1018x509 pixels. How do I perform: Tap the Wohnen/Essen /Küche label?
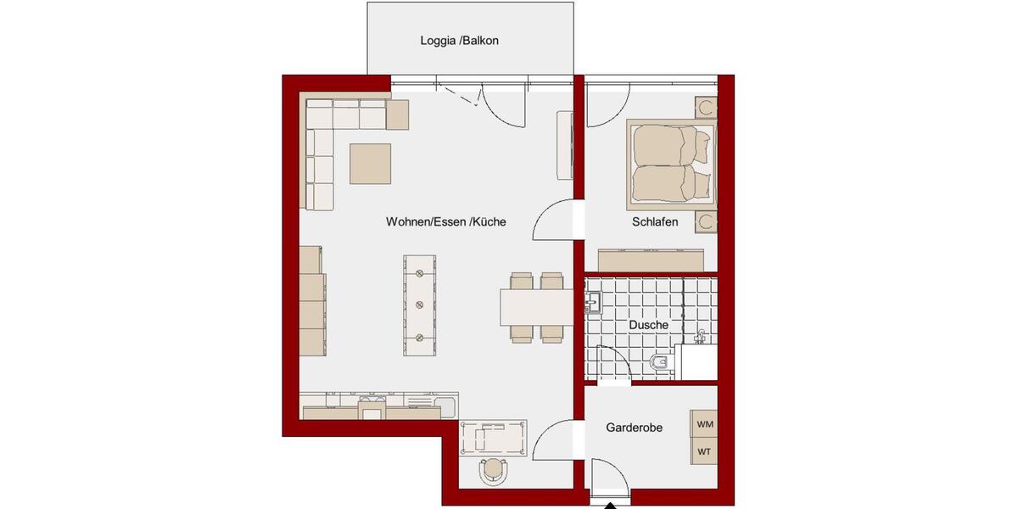pos(445,221)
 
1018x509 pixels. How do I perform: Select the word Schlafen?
pos(654,222)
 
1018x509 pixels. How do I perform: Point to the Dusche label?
pos(648,325)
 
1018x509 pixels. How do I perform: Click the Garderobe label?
pos(634,428)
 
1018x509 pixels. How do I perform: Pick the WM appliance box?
pos(704,423)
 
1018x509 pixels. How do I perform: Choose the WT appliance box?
pos(704,451)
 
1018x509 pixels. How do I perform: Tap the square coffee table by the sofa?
pos(371,163)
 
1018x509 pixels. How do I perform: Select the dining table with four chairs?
pos(536,307)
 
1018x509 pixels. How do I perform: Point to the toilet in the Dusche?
pos(658,364)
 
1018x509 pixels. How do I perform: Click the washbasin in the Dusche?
pos(593,301)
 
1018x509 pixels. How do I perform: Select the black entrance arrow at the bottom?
pos(609,506)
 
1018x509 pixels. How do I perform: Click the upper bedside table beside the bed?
pos(705,108)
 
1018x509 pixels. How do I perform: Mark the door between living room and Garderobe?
pos(556,441)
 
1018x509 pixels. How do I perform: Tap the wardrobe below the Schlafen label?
pos(651,259)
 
